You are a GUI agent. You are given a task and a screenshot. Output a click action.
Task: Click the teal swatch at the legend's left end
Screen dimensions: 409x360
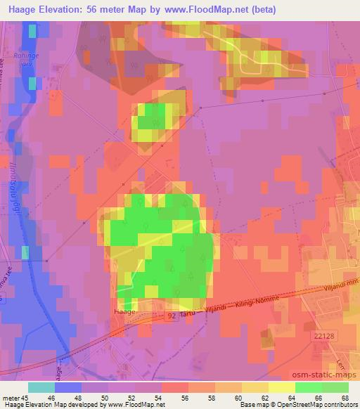click(x=41, y=387)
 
